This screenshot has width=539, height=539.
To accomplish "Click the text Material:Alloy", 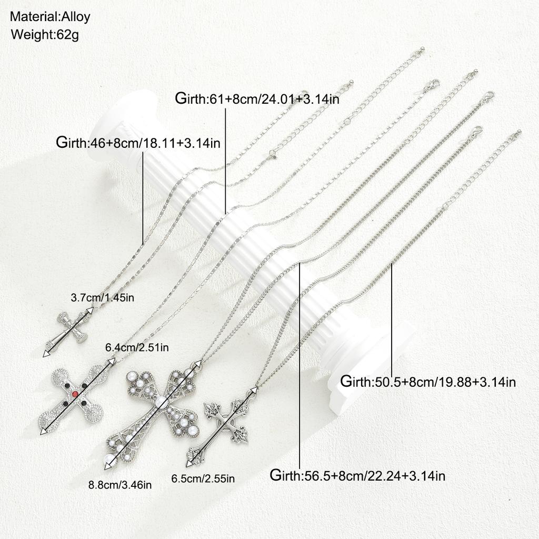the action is coord(50,16).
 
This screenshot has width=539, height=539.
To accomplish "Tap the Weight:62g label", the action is coord(45,35).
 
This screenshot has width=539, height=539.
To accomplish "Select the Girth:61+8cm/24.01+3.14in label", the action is coord(257,98).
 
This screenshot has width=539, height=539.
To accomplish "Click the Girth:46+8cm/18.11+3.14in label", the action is coord(138,142).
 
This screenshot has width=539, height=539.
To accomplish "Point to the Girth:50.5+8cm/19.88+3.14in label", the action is coord(428,382).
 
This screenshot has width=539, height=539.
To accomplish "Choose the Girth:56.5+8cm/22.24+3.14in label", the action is coord(357,476).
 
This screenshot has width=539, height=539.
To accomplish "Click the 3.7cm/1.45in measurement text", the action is coord(103,298).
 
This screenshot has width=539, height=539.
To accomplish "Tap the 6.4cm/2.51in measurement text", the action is coord(137,347).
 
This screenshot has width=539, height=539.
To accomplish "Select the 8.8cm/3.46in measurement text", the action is coord(120,485).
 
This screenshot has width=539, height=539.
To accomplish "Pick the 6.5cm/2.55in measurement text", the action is coord(203,478).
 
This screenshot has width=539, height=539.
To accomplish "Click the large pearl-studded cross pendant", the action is coord(153,417).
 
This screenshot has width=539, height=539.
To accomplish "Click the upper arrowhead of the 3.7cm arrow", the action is coord(89,310).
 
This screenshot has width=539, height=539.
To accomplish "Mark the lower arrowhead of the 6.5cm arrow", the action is coord(189,464).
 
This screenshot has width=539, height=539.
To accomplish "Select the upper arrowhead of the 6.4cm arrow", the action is coord(112,361).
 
